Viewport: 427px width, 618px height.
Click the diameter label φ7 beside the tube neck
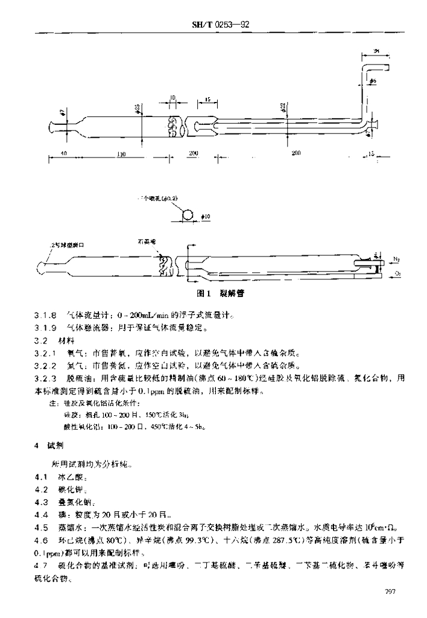[62, 112]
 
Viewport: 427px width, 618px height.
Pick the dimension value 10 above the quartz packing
[173, 97]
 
